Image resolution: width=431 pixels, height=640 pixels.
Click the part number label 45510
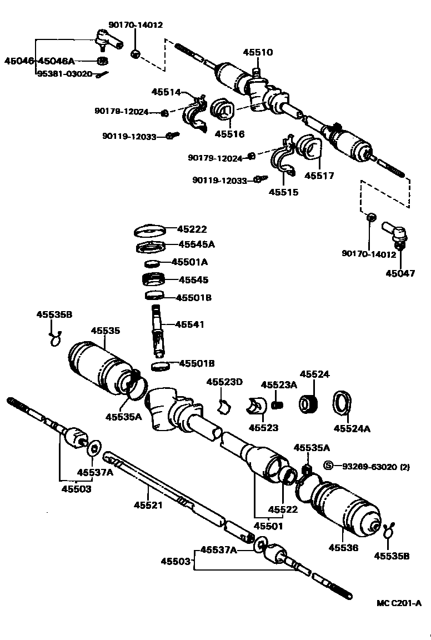pos(258,52)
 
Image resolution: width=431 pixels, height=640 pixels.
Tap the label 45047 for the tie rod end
pos(400,273)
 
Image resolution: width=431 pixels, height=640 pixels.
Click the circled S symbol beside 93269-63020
pos(328,466)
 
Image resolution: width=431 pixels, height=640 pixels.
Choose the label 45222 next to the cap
pos(192,229)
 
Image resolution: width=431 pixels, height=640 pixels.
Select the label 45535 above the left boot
pos(106,331)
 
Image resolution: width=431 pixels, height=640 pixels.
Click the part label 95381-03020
pos(64,73)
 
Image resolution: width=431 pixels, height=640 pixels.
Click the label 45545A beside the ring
pos(196,244)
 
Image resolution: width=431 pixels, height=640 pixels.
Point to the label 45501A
pos(189,262)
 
